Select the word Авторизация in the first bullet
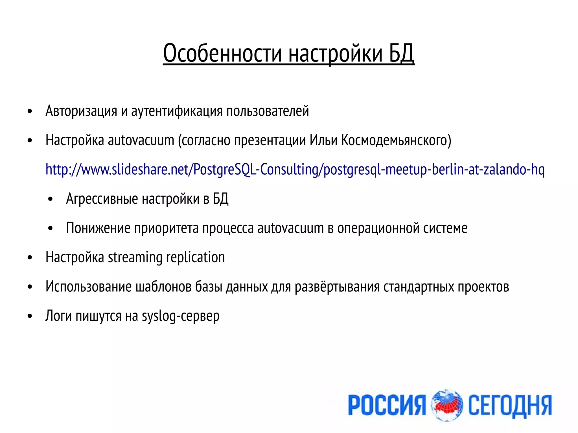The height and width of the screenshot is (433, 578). pyautogui.click(x=81, y=111)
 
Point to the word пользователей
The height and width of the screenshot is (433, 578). pyautogui.click(x=268, y=111)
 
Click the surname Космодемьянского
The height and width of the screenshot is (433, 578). pyautogui.click(x=396, y=140)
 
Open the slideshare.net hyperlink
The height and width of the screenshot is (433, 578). pyautogui.click(x=295, y=170)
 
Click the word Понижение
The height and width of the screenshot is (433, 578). pyautogui.click(x=98, y=228)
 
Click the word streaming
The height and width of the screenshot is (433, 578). pyautogui.click(x=135, y=257)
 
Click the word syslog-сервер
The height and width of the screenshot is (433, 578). pyautogui.click(x=181, y=316)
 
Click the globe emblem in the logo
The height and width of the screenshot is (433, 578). pyautogui.click(x=447, y=405)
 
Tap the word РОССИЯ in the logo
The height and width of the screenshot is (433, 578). pyautogui.click(x=387, y=405)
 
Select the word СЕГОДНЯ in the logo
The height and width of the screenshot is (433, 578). pyautogui.click(x=510, y=405)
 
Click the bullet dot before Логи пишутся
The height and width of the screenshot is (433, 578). pyautogui.click(x=30, y=316)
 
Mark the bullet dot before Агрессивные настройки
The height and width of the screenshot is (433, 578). pyautogui.click(x=51, y=199)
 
